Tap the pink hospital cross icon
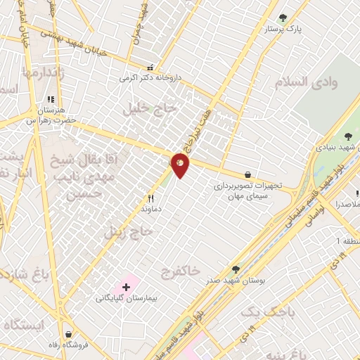(x=127, y=287)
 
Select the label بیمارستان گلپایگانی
(x=127, y=298)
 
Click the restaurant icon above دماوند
(x=150, y=199)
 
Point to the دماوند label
(x=151, y=209)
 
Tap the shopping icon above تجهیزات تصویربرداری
(x=247, y=174)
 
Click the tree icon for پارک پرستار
(x=283, y=18)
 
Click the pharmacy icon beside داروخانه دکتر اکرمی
(x=150, y=68)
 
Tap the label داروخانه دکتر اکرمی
(x=146, y=78)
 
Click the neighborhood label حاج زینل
(x=129, y=231)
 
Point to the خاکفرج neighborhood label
(x=181, y=270)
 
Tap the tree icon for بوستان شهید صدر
(x=236, y=269)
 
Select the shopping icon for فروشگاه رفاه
(x=68, y=334)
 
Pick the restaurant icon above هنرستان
(x=50, y=100)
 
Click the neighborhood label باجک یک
(x=264, y=310)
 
